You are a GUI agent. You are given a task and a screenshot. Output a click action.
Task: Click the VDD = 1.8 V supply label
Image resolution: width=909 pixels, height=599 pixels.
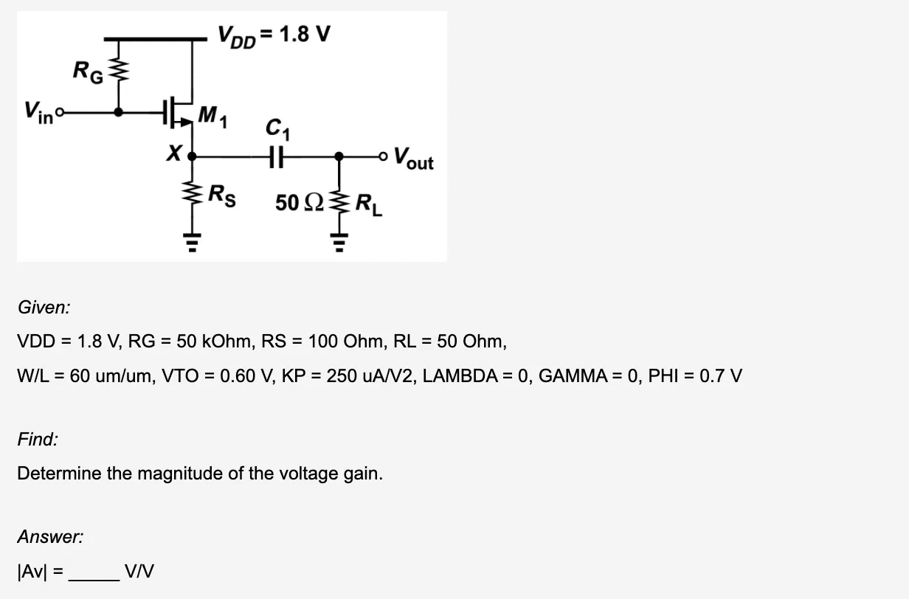[273, 34]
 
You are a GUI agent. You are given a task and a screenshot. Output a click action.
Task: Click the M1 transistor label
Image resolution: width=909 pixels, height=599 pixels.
[212, 116]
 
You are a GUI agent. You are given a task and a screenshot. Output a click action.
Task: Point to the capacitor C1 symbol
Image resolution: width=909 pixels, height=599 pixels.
[278, 156]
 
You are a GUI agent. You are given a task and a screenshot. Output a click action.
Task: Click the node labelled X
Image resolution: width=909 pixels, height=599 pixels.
[193, 156]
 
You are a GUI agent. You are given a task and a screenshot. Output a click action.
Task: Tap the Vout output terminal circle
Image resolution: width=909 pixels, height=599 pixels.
[381, 156]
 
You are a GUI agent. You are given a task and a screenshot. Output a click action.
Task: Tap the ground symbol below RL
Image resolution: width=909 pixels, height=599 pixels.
[339, 240]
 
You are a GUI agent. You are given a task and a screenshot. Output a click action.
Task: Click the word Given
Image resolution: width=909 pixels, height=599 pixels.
[44, 308]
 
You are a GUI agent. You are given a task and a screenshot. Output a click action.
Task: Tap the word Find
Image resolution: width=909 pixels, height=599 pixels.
[38, 440]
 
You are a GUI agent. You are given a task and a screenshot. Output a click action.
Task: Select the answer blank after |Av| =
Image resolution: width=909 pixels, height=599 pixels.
[93, 570]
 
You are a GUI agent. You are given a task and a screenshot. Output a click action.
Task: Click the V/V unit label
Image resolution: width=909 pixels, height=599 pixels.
[139, 570]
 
